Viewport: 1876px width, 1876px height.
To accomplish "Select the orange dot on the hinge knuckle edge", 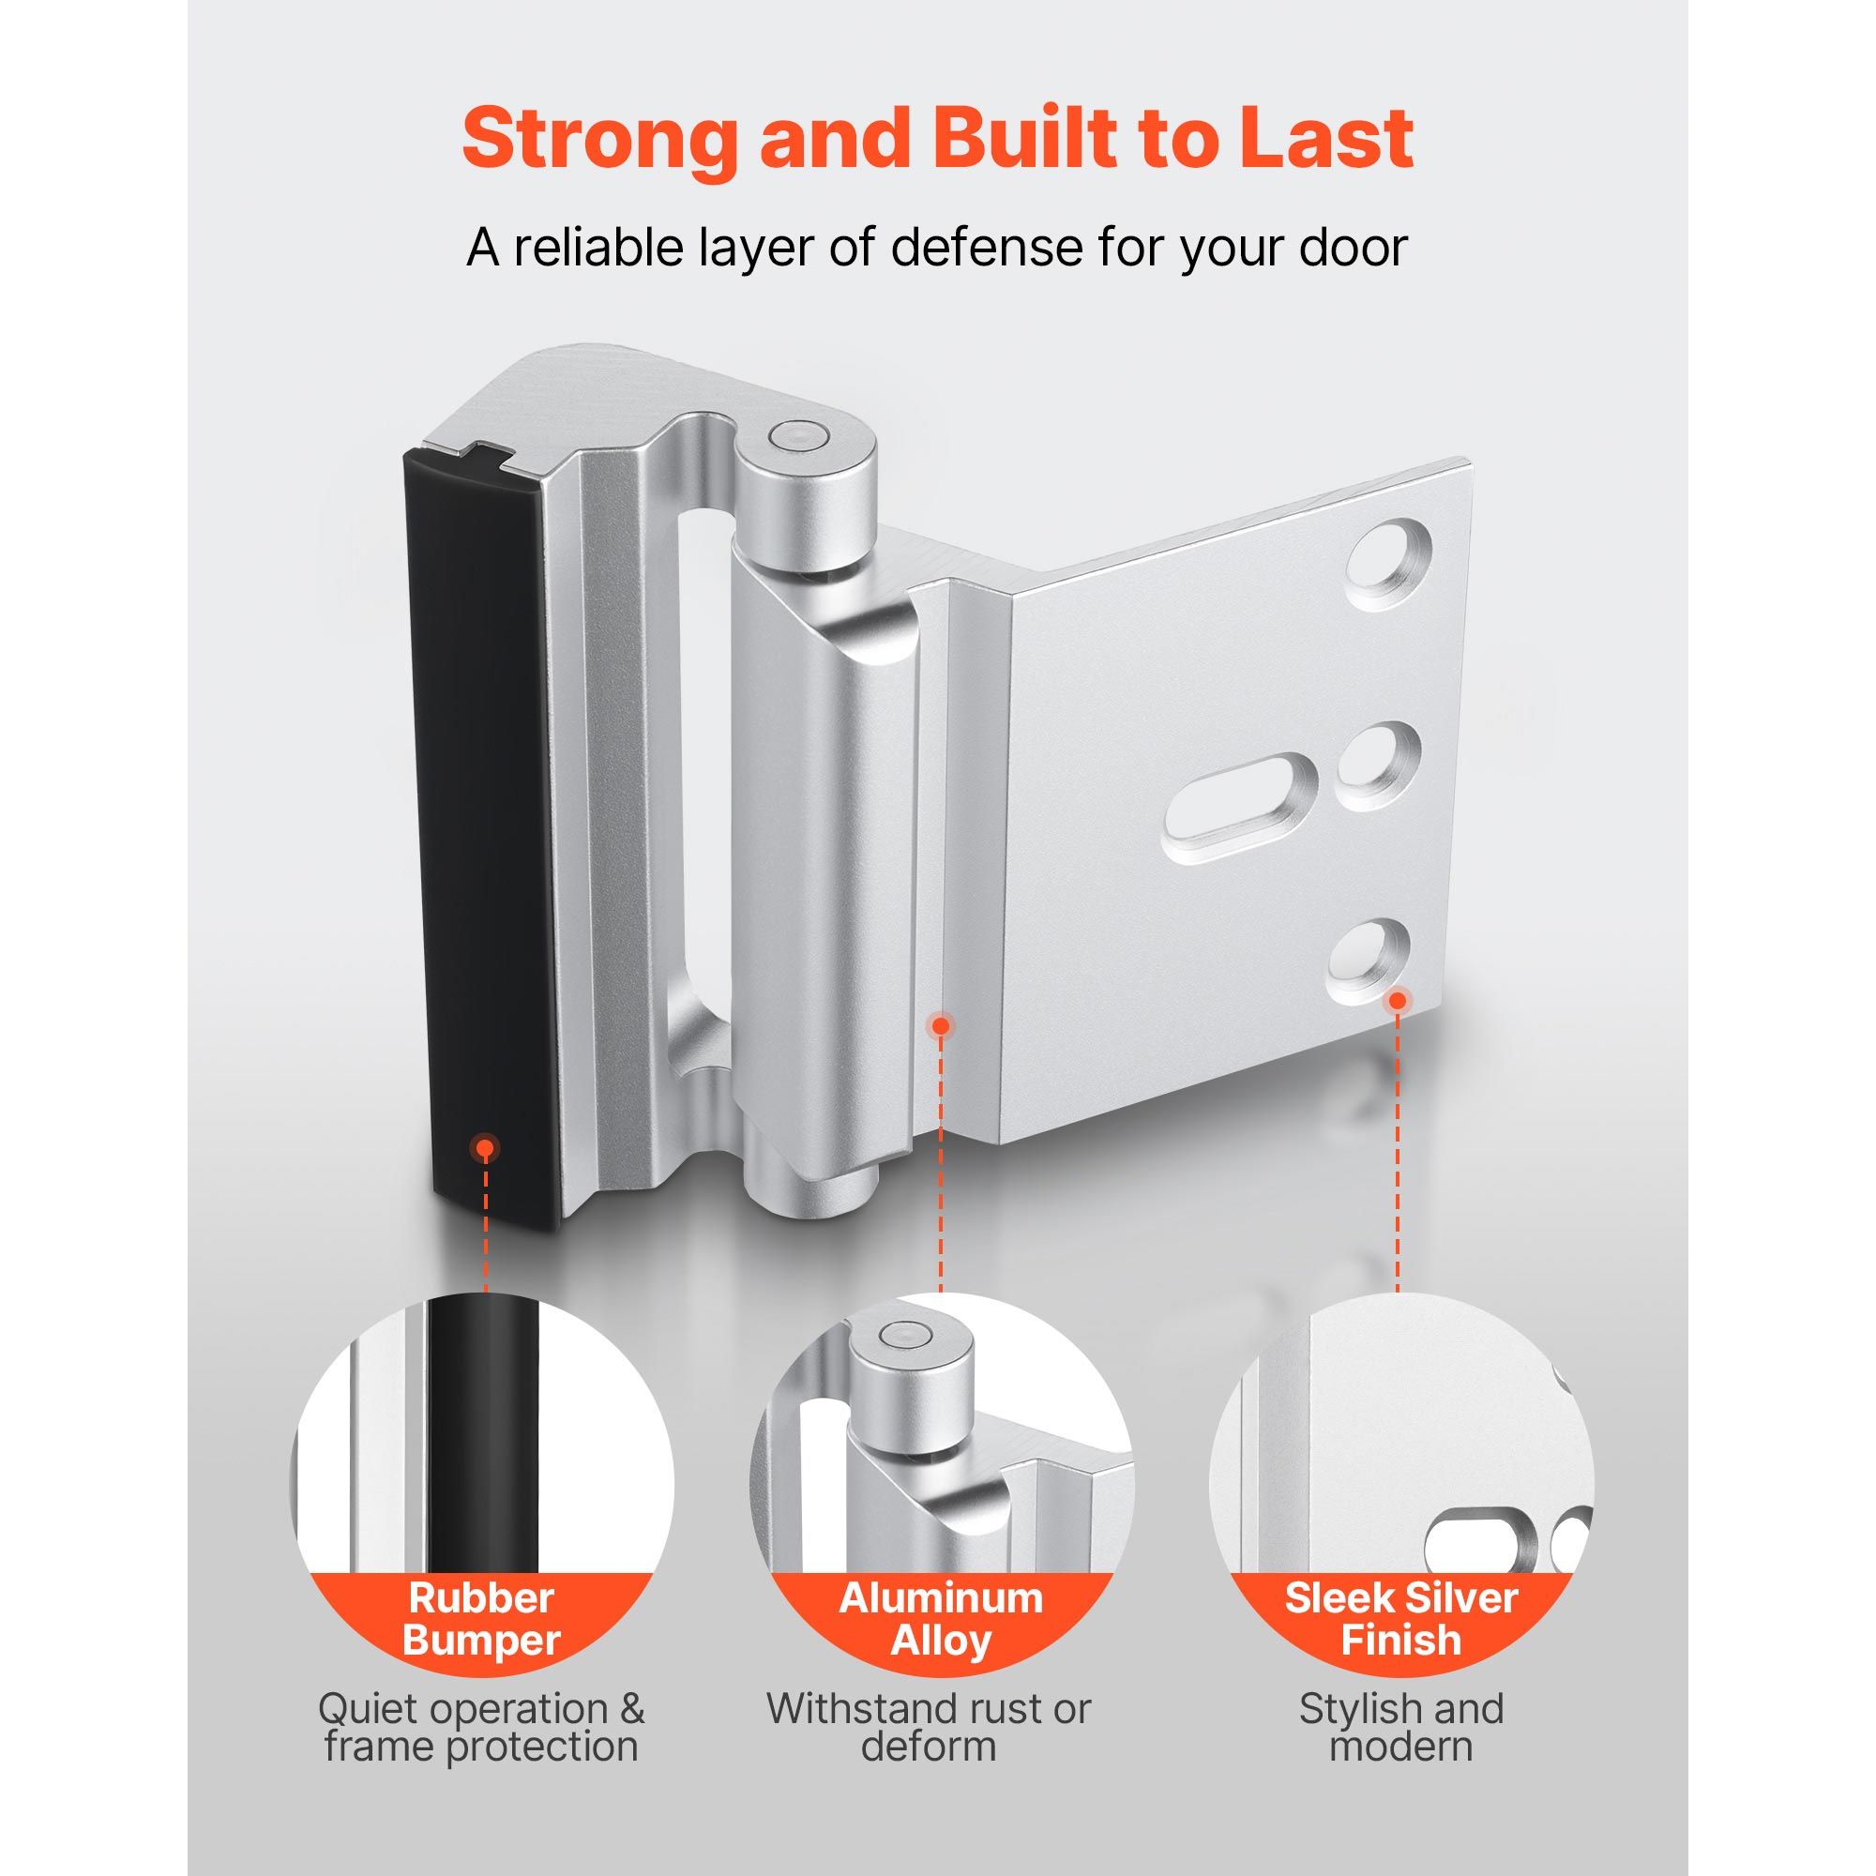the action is click(x=940, y=1024).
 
